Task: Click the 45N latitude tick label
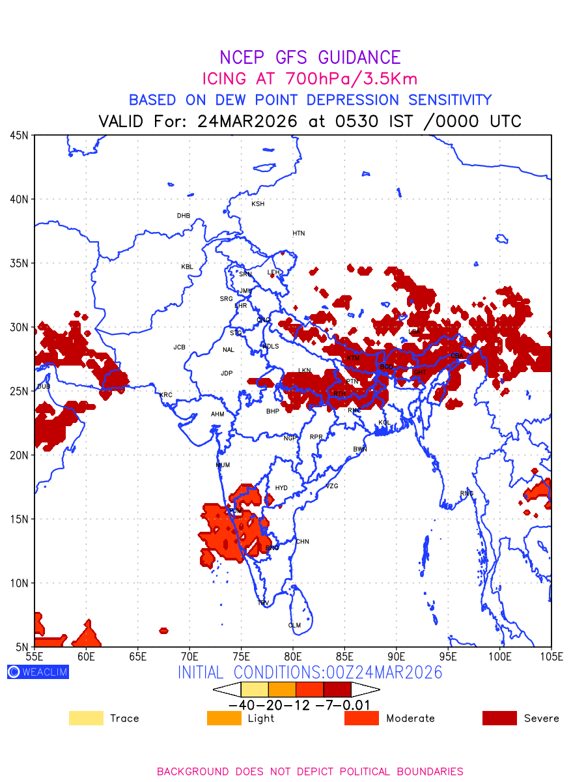click(x=20, y=136)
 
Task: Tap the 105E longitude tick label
click(x=551, y=656)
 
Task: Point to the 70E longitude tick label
click(x=189, y=656)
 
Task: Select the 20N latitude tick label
click(x=20, y=456)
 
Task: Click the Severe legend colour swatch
click(x=499, y=718)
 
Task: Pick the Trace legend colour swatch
click(x=86, y=718)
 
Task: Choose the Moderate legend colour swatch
click(x=361, y=718)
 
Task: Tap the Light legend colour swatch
click(x=224, y=718)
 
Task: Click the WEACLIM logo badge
click(x=38, y=672)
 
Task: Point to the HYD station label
click(x=281, y=488)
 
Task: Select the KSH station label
click(x=258, y=204)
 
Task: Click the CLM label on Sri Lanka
click(x=294, y=626)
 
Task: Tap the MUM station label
click(x=223, y=465)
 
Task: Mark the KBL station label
click(x=187, y=267)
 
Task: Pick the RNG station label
click(x=467, y=493)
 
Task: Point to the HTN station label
click(x=298, y=233)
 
